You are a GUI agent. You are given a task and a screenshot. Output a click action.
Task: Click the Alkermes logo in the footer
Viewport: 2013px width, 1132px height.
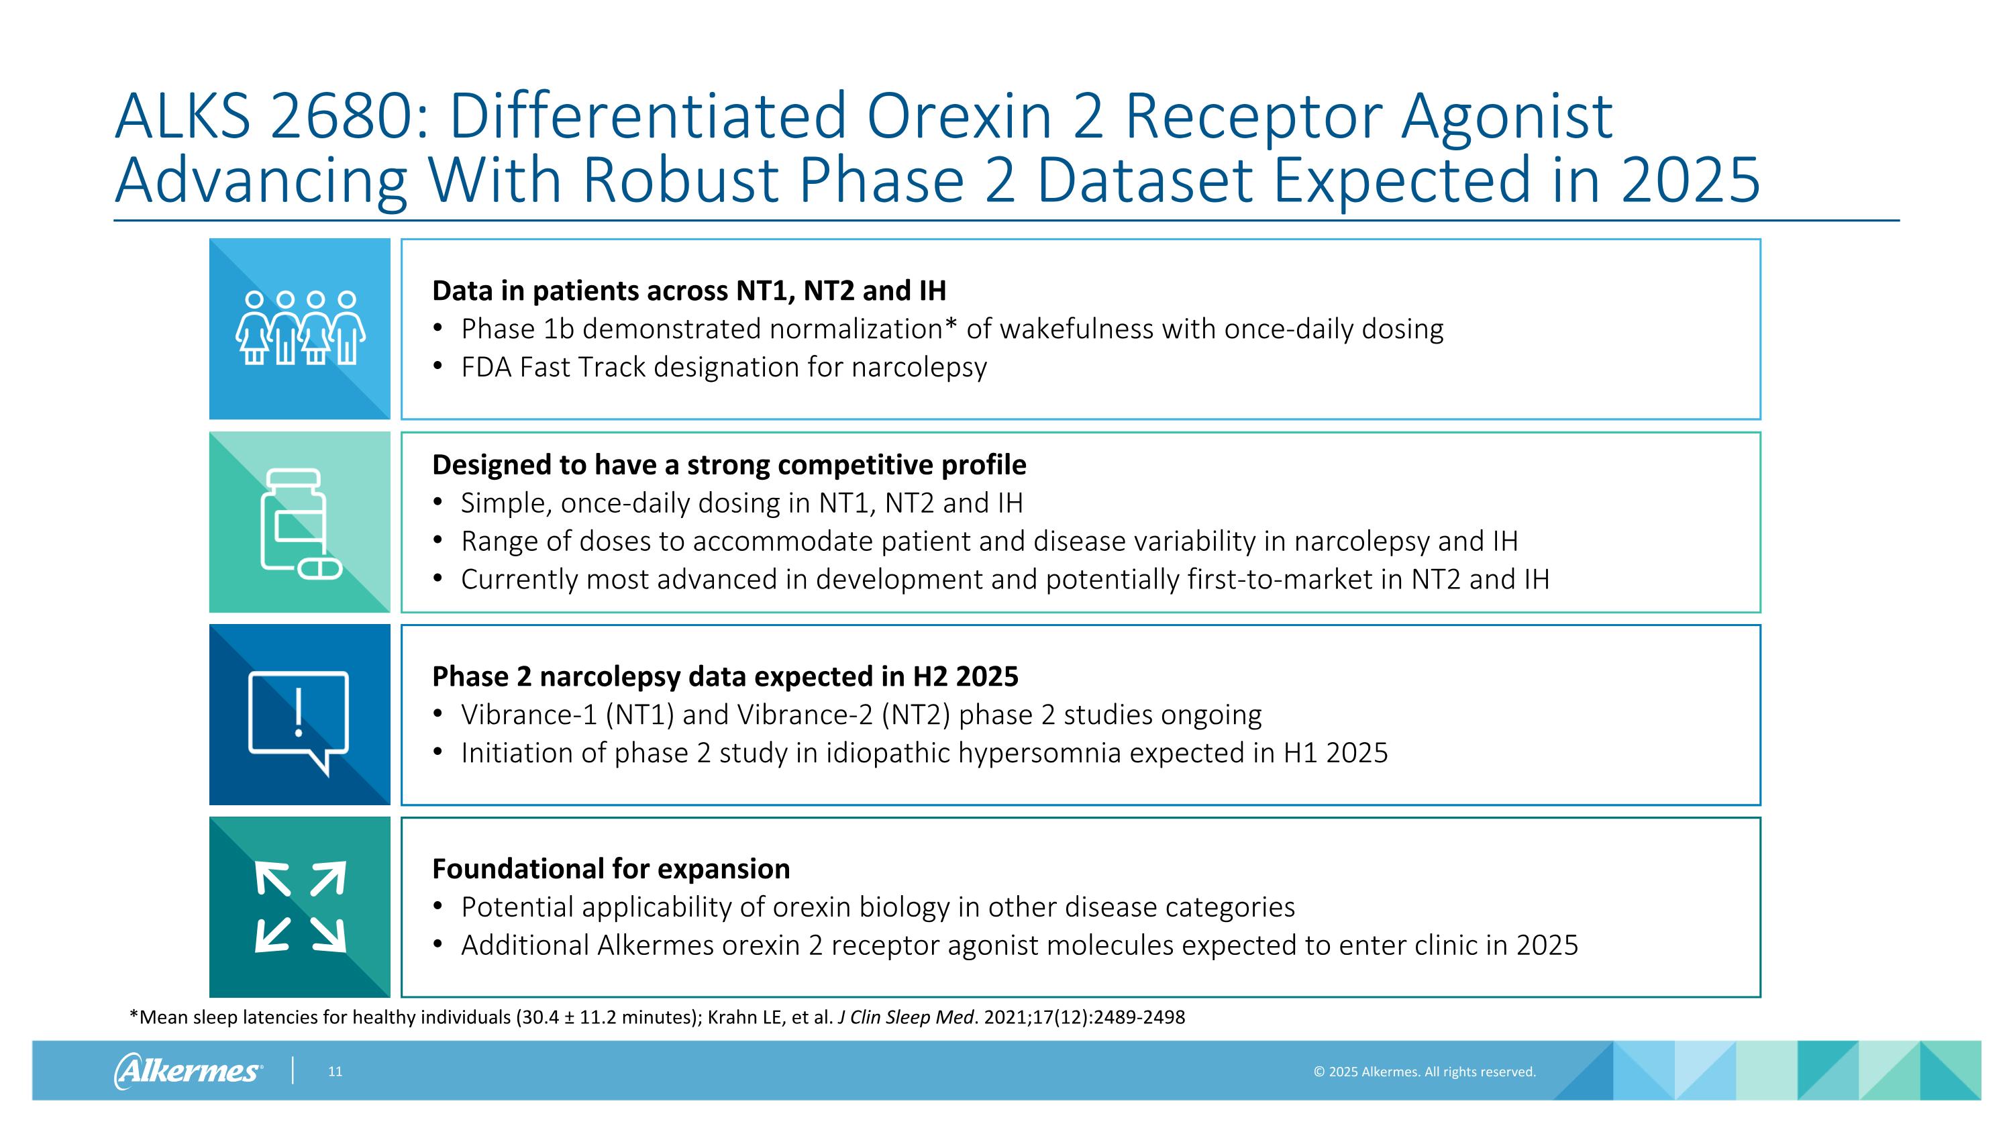188,1070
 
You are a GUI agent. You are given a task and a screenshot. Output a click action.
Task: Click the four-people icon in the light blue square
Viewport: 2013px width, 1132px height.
300,327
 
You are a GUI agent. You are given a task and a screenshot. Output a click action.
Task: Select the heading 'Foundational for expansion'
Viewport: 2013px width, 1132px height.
611,869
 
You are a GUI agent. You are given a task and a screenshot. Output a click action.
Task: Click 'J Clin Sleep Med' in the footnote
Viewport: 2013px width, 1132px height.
906,1017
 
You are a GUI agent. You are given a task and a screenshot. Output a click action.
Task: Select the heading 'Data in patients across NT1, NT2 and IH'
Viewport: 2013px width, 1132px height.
688,291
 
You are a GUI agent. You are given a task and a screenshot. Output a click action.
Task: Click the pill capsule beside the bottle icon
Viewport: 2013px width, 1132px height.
320,568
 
